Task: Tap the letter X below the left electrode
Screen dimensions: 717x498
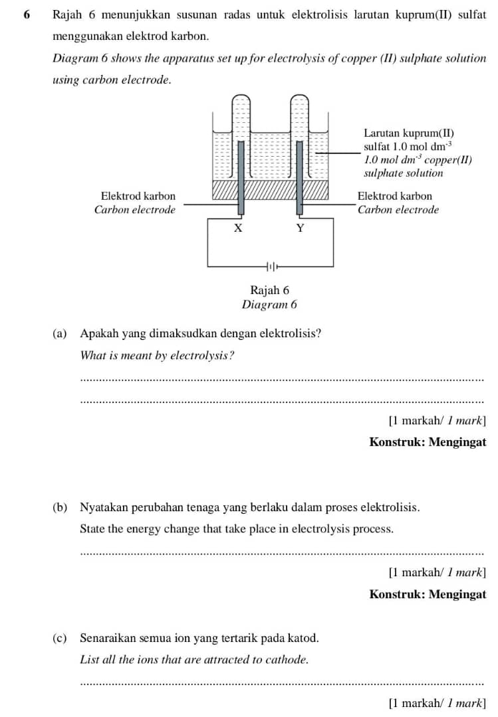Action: [x=238, y=228]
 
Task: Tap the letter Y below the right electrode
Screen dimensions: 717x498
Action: [x=299, y=228]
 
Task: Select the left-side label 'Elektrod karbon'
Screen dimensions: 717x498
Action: [x=138, y=196]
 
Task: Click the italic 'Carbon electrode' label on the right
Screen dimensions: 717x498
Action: [x=398, y=210]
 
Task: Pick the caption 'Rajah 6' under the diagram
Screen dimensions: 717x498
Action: [x=270, y=290]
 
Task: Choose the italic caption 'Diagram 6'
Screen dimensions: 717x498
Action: [x=269, y=305]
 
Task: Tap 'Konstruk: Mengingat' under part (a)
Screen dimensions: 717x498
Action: [x=428, y=442]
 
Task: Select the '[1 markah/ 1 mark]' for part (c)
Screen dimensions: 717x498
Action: [x=437, y=702]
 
